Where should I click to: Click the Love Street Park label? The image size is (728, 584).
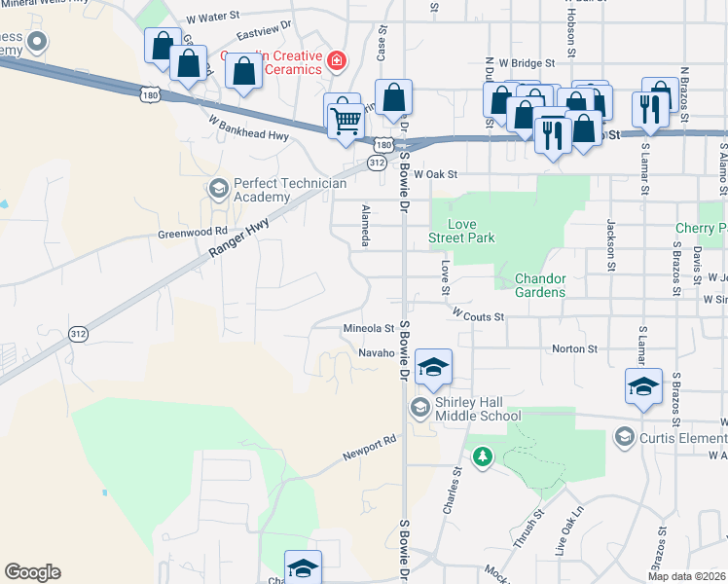pyautogui.click(x=463, y=231)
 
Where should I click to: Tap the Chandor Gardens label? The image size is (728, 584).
pyautogui.click(x=540, y=286)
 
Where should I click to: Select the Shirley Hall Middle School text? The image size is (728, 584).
pyautogui.click(x=478, y=410)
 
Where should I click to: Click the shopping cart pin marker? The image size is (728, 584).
pyautogui.click(x=346, y=122)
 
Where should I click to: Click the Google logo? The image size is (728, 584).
pyautogui.click(x=32, y=572)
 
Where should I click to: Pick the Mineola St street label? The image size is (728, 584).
pyautogui.click(x=368, y=329)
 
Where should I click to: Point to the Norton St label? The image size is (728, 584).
pyautogui.click(x=574, y=348)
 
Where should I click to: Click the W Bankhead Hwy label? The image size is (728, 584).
pyautogui.click(x=248, y=128)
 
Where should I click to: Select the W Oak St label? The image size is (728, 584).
pyautogui.click(x=434, y=174)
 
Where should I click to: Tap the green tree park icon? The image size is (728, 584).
pyautogui.click(x=481, y=456)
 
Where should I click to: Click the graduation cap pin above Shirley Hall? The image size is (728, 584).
pyautogui.click(x=433, y=366)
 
